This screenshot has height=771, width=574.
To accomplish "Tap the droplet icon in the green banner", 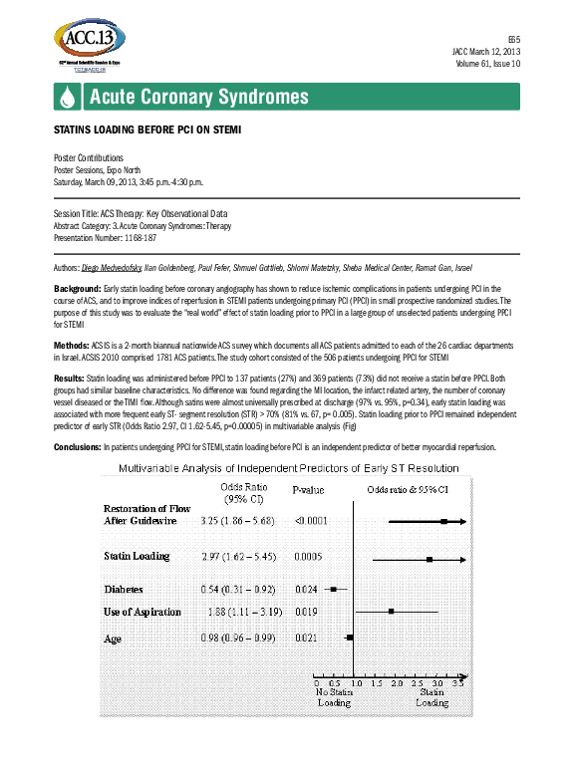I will [66, 98].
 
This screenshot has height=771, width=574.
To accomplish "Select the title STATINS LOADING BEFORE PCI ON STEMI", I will [146, 131].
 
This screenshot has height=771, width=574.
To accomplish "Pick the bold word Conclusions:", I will [77, 446].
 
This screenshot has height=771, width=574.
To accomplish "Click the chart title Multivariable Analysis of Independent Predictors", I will [289, 467].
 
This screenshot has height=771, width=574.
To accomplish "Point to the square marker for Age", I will [350, 636].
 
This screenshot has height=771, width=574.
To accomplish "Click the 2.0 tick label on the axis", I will [396, 684].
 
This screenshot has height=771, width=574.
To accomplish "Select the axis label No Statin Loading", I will [334, 696].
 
